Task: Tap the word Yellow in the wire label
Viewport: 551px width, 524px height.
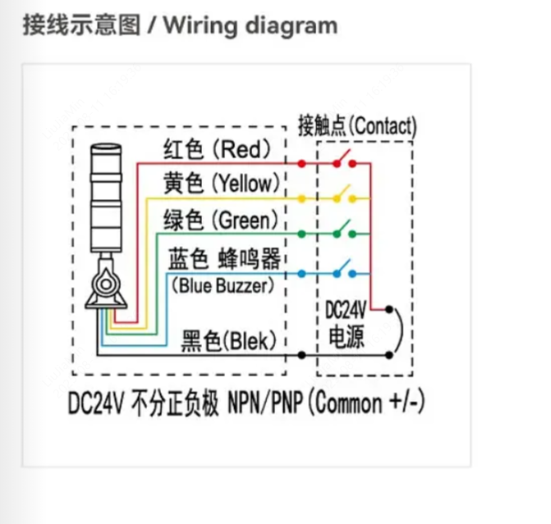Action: pyautogui.click(x=246, y=183)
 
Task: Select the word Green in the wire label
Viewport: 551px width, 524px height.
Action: pyautogui.click(x=245, y=221)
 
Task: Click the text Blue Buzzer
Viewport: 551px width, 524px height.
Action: pyautogui.click(x=223, y=285)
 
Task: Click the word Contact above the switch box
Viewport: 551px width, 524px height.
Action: pyautogui.click(x=383, y=126)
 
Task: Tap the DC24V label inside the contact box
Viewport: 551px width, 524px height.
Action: pyautogui.click(x=346, y=310)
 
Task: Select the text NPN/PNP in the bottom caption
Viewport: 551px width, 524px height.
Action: pyautogui.click(x=265, y=402)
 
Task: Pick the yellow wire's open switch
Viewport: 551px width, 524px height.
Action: pyautogui.click(x=345, y=194)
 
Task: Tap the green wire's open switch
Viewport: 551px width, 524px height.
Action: pyautogui.click(x=345, y=229)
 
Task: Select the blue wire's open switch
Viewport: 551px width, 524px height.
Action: pyautogui.click(x=345, y=269)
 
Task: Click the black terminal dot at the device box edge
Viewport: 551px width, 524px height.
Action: pyautogui.click(x=301, y=355)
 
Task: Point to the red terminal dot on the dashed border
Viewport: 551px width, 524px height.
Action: pyautogui.click(x=301, y=163)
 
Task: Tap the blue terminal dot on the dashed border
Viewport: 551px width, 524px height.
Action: pyautogui.click(x=301, y=274)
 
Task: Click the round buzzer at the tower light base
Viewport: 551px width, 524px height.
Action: pyautogui.click(x=106, y=284)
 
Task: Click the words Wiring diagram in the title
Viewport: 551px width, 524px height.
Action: pyautogui.click(x=250, y=26)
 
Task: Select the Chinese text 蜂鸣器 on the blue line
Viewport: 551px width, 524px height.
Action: pyautogui.click(x=249, y=258)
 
